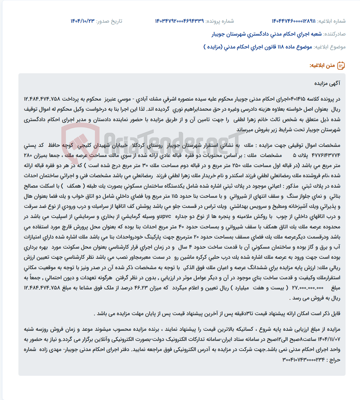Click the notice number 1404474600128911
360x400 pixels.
pos(293,21)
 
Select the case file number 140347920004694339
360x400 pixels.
pos(179,21)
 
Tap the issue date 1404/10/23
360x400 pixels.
pos(82,21)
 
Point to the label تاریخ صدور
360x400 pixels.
pos(109,21)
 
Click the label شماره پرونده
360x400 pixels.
pos(220,21)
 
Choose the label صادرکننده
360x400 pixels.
pos(335,34)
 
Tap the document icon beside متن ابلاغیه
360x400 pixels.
pos(341,66)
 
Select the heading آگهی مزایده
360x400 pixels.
pos(327,83)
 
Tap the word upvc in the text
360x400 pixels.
pos(165,217)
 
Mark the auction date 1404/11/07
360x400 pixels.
pos(328,339)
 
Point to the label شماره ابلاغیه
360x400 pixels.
pos(331,21)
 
